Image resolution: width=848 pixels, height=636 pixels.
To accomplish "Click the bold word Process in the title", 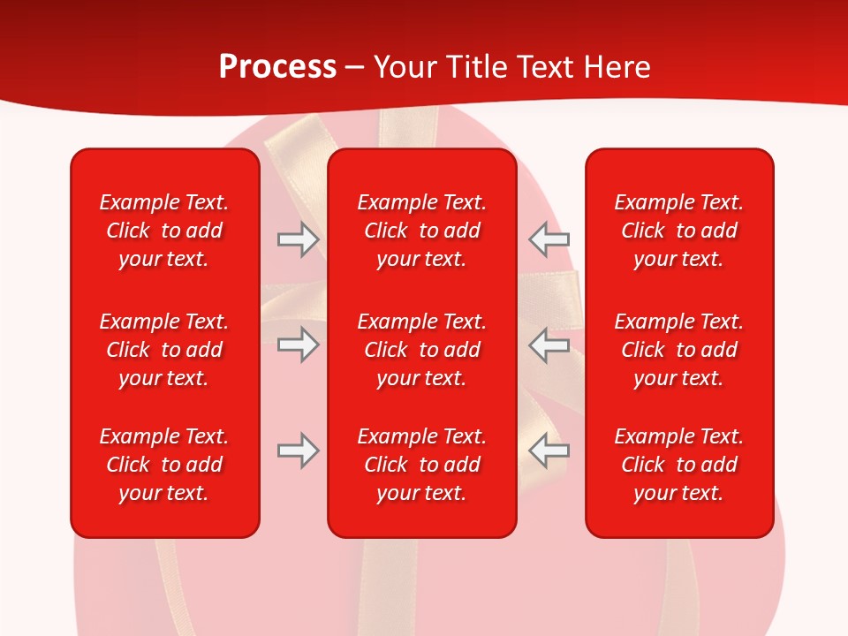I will pyautogui.click(x=277, y=67).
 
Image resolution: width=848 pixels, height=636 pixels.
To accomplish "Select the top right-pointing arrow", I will pyautogui.click(x=298, y=239).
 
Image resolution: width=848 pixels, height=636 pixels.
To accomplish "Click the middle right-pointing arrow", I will pyautogui.click(x=298, y=344).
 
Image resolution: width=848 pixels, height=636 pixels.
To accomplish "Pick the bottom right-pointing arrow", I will pyautogui.click(x=298, y=451).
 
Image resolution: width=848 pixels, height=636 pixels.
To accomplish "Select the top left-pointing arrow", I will pyautogui.click(x=549, y=239).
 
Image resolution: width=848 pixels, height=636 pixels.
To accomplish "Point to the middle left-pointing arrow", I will pyautogui.click(x=549, y=344).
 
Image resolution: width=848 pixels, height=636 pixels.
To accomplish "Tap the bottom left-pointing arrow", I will pyautogui.click(x=549, y=451).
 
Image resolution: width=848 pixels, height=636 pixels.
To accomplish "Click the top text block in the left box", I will pyautogui.click(x=164, y=231).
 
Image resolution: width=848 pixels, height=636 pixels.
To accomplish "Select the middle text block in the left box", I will pyautogui.click(x=164, y=350).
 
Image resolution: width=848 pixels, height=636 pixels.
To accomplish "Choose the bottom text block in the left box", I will pyautogui.click(x=164, y=465).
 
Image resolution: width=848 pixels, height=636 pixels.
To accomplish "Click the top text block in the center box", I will pyautogui.click(x=422, y=231).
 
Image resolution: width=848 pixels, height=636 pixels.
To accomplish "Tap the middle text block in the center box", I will pyautogui.click(x=422, y=350).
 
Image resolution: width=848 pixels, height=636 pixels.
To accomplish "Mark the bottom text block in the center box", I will pyautogui.click(x=422, y=465).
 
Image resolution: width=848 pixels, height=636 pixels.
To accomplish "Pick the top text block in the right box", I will pyautogui.click(x=679, y=231).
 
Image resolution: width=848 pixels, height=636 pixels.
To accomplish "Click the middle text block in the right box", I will pyautogui.click(x=679, y=350).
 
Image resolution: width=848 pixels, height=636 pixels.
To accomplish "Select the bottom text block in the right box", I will pyautogui.click(x=679, y=465).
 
